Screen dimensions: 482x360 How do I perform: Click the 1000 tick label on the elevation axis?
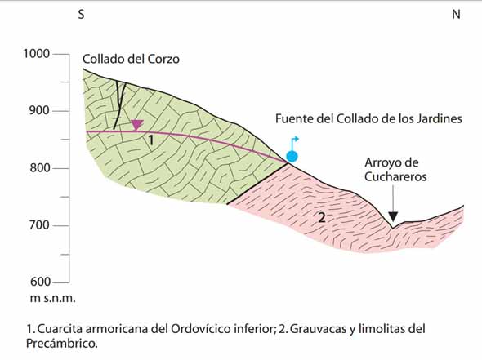[x=37, y=53]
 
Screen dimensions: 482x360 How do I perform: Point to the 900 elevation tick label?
[x=39, y=110]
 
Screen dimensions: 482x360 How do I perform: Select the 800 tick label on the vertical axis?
[x=40, y=167]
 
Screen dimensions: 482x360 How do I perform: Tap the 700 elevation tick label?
[x=40, y=224]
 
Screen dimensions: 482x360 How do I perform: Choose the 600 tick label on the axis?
[x=40, y=282]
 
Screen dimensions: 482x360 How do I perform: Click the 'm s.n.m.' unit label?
[x=52, y=298]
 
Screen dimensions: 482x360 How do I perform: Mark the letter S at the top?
[x=81, y=14]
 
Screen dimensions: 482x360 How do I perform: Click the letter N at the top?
[x=456, y=14]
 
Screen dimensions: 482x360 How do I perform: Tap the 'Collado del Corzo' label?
[x=131, y=59]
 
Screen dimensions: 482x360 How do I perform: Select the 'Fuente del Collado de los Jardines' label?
[x=368, y=118]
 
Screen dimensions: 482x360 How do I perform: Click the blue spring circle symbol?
[x=292, y=157]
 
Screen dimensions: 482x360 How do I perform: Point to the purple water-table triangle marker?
[x=137, y=124]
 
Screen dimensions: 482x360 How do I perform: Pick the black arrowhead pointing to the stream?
[x=393, y=216]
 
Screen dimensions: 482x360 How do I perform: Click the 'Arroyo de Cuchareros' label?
[x=395, y=170]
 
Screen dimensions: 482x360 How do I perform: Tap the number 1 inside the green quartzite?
[x=150, y=140]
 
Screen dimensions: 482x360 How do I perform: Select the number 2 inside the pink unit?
[x=322, y=218]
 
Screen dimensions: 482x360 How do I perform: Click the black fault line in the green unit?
[x=118, y=105]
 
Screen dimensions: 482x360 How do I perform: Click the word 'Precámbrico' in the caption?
[x=61, y=344]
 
